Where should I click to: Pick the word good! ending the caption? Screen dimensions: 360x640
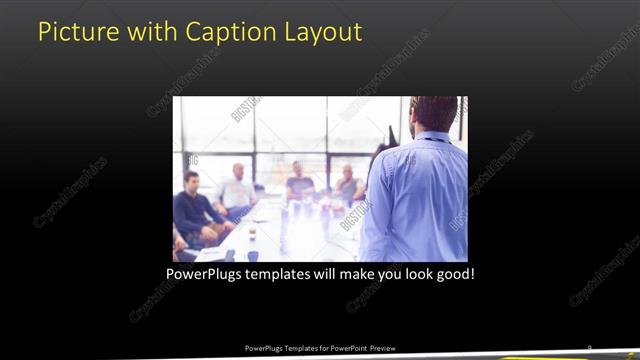453,272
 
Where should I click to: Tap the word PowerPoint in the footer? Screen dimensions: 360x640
346,348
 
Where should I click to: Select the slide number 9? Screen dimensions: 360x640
590,347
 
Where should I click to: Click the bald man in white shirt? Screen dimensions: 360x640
238,190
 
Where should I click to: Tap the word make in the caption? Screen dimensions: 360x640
361,272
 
